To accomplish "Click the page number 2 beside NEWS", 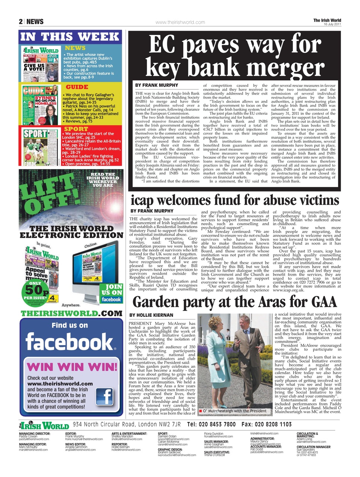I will [21, 22].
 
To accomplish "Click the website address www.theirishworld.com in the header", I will [180, 22].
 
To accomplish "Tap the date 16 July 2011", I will [332, 24].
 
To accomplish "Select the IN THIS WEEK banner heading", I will [70, 37].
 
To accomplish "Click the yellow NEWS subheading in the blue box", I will [75, 48].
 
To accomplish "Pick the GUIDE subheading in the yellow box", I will [77, 87].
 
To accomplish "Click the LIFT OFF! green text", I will [47, 195].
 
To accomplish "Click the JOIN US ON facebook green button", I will [111, 293].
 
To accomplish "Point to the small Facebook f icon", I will [105, 397].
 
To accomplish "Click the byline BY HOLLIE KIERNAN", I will [151, 315].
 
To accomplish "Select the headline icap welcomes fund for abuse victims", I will [235, 200].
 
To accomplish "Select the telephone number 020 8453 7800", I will [211, 424].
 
